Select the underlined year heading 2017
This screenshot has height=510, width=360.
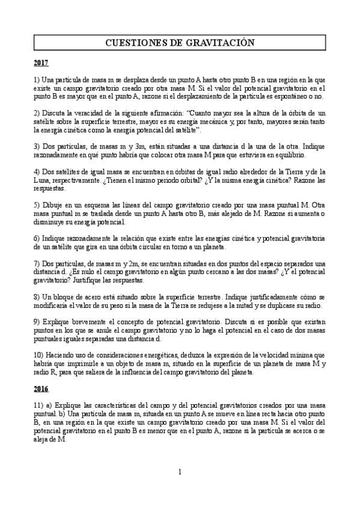coord(41,63)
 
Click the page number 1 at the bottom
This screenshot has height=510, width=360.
coord(180,471)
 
